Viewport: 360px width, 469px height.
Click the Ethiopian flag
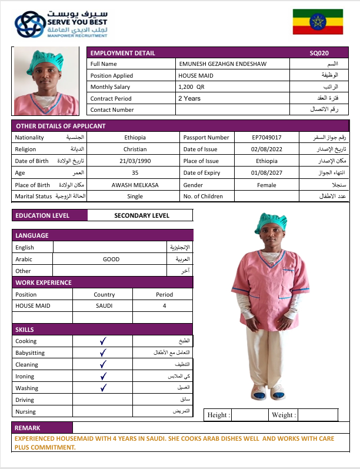[x=318, y=22]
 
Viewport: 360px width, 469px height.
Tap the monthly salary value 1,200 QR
[x=191, y=87]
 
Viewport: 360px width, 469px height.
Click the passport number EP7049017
[x=266, y=137]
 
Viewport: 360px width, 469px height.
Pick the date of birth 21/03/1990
[x=136, y=161]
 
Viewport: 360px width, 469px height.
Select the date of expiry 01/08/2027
[x=266, y=172]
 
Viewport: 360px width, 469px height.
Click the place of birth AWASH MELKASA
[x=135, y=184]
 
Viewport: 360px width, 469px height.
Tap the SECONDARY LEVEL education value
[x=141, y=215]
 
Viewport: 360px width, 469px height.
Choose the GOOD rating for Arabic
[x=111, y=259]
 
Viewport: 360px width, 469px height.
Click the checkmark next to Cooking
[x=102, y=341]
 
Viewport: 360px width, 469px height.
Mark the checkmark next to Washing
[x=102, y=388]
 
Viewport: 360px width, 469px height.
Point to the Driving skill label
[x=25, y=400]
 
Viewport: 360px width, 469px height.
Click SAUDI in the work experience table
[x=104, y=306]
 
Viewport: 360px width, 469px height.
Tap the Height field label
[x=218, y=415]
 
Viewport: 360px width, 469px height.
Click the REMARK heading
[x=28, y=428]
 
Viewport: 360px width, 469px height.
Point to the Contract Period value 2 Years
[x=189, y=98]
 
